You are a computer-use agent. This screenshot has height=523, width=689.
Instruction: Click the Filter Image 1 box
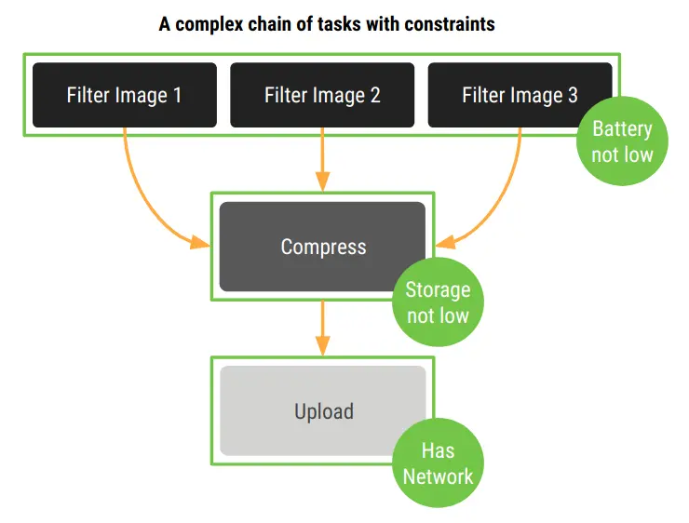tap(125, 95)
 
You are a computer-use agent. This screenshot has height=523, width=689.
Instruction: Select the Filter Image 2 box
tap(322, 95)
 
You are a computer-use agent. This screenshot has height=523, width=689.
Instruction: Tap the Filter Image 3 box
tap(520, 95)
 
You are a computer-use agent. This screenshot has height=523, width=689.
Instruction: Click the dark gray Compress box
tap(322, 247)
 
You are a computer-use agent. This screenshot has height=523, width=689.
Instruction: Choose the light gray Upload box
tap(322, 411)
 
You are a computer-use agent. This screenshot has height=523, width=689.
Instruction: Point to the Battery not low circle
tap(622, 141)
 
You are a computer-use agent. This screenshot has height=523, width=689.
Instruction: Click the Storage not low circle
tap(439, 302)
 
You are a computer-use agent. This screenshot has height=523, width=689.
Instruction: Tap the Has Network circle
tap(439, 463)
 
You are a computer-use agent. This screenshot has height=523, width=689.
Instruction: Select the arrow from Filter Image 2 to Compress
tap(322, 159)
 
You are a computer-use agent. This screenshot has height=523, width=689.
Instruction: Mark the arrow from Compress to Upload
tap(322, 328)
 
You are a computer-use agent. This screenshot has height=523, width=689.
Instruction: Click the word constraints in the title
tap(450, 24)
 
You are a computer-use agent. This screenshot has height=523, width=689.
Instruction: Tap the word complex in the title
tap(209, 24)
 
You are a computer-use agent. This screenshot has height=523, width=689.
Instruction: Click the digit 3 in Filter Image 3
tap(573, 95)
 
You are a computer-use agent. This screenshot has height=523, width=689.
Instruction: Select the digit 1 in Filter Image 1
tap(178, 95)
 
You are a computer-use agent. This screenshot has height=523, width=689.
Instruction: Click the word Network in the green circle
tap(439, 476)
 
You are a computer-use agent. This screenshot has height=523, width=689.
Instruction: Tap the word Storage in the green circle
tap(439, 289)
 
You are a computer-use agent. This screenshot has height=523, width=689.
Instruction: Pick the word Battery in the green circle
tap(622, 129)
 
